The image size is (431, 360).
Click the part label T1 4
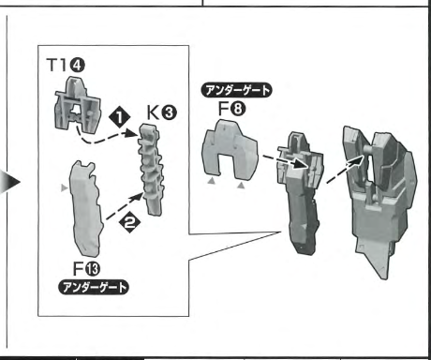66,66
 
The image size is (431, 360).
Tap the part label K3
161,112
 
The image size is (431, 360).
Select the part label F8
231,109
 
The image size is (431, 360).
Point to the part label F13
86,269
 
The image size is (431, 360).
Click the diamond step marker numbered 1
120,117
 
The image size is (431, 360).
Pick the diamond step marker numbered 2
129,222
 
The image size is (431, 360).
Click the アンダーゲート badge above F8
236,91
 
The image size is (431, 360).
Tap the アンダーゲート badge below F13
94,287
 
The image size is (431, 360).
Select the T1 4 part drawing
78,105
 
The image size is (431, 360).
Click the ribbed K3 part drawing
152,170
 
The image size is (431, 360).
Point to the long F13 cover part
86,210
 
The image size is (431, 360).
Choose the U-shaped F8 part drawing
230,150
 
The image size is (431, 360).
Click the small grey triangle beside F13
64,187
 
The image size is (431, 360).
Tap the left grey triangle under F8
212,181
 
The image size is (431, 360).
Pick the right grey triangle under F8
241,186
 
